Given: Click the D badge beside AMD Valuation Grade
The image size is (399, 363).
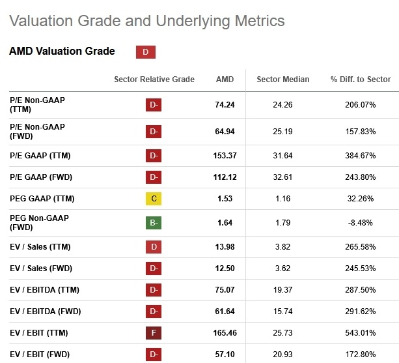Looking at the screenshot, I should pos(145,52).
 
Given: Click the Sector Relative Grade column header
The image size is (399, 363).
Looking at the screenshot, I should pos(154,80).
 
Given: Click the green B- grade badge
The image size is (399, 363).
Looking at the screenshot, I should pos(154,222).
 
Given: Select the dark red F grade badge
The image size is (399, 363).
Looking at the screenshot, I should pos(154,333).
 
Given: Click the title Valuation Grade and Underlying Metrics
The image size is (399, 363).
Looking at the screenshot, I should pos(147,21).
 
